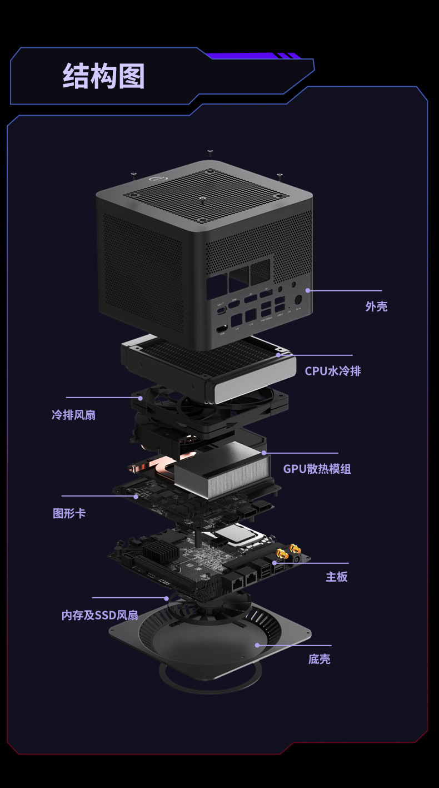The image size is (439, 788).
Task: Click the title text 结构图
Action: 103,76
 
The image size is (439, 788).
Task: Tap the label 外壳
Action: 376,306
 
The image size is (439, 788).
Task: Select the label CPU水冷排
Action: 332,371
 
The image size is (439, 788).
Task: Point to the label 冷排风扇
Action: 73,415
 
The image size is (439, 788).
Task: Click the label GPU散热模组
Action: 317,469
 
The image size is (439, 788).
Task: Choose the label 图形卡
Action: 69,513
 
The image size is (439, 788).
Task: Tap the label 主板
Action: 336,577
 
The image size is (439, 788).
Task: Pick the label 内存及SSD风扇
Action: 99,615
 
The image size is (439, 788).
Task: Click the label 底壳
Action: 319,660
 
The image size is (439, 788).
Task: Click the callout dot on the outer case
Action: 307,290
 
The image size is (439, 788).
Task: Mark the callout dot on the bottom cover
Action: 257,645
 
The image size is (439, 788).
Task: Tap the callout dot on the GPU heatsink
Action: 264,453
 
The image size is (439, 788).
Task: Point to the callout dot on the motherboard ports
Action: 274,563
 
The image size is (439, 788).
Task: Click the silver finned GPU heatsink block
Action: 222,470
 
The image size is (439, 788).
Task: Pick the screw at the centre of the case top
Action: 203,197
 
